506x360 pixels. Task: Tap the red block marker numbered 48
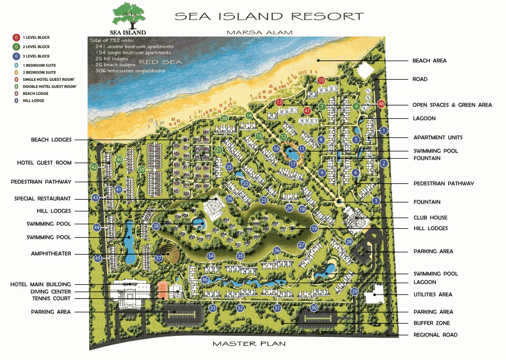point(381,104)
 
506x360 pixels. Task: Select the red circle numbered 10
point(321,80)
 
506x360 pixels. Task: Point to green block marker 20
point(224,118)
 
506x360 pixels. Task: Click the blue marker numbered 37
point(159,259)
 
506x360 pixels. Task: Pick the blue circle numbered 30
point(314,307)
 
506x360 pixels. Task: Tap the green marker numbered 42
point(94,167)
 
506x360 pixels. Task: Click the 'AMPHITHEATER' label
point(51,253)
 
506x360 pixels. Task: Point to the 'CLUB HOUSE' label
point(430,218)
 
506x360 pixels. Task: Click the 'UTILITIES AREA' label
point(433,294)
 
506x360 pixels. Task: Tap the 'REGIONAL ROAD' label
point(435,335)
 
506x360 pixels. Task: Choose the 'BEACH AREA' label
point(429,61)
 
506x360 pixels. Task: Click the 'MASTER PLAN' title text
point(249,343)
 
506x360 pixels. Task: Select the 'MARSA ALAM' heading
point(259,33)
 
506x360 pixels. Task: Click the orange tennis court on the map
point(163,290)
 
